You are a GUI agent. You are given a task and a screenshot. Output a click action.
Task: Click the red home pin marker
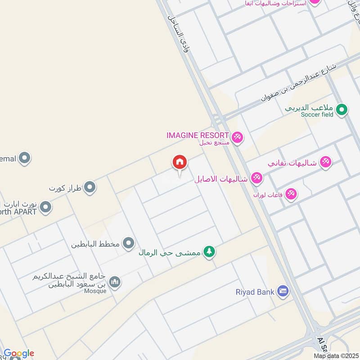(180, 163)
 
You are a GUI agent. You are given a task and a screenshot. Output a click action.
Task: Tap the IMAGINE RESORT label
(198, 135)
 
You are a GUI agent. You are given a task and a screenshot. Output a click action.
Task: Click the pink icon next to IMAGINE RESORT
(237, 137)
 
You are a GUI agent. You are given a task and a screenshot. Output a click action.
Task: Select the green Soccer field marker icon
(342, 109)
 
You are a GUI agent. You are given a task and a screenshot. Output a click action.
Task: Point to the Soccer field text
(317, 115)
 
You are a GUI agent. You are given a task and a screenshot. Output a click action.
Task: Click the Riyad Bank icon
(283, 292)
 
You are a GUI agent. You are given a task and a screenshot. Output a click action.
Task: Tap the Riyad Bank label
(255, 292)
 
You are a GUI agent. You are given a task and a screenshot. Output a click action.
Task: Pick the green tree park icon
(208, 252)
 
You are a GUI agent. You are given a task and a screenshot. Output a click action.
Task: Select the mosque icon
(115, 282)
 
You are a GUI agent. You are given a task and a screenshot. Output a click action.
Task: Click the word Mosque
(95, 291)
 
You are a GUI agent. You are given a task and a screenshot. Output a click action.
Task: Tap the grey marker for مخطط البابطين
(129, 243)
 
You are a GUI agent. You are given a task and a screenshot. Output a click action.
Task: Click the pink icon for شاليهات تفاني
(325, 162)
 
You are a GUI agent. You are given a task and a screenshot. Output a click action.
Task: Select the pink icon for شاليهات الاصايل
(256, 178)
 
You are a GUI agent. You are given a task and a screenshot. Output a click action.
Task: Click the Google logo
(19, 353)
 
